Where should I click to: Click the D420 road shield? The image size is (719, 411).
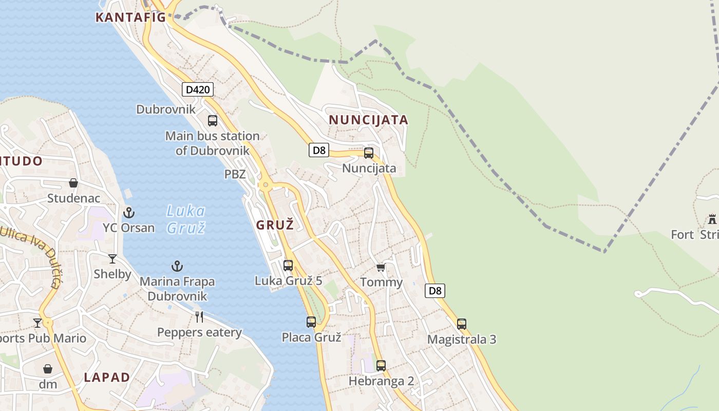[198, 89]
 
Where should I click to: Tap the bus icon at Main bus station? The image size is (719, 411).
[212, 121]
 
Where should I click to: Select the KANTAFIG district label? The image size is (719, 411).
[130, 17]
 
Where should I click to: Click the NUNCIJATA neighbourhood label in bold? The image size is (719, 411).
[368, 120]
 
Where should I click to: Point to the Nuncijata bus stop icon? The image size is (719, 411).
[368, 153]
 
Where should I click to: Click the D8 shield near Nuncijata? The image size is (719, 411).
[319, 150]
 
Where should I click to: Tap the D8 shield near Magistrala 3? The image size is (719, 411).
[435, 291]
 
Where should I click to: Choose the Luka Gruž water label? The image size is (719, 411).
[186, 219]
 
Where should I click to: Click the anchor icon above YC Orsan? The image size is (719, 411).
[128, 212]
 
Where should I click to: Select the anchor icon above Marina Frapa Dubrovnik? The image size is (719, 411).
[177, 266]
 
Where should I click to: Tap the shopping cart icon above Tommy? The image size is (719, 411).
[381, 267]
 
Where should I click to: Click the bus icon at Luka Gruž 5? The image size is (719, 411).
[288, 265]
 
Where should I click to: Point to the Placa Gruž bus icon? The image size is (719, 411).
[311, 322]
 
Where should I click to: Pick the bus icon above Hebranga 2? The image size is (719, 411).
[381, 366]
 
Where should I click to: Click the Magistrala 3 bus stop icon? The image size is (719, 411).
[462, 324]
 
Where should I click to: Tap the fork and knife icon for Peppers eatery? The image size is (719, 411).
[199, 316]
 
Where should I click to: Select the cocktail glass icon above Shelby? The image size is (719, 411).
[112, 258]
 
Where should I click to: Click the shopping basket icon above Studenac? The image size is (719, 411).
[73, 182]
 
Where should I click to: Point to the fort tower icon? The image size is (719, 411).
[712, 219]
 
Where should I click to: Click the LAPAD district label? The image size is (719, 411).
[107, 377]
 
